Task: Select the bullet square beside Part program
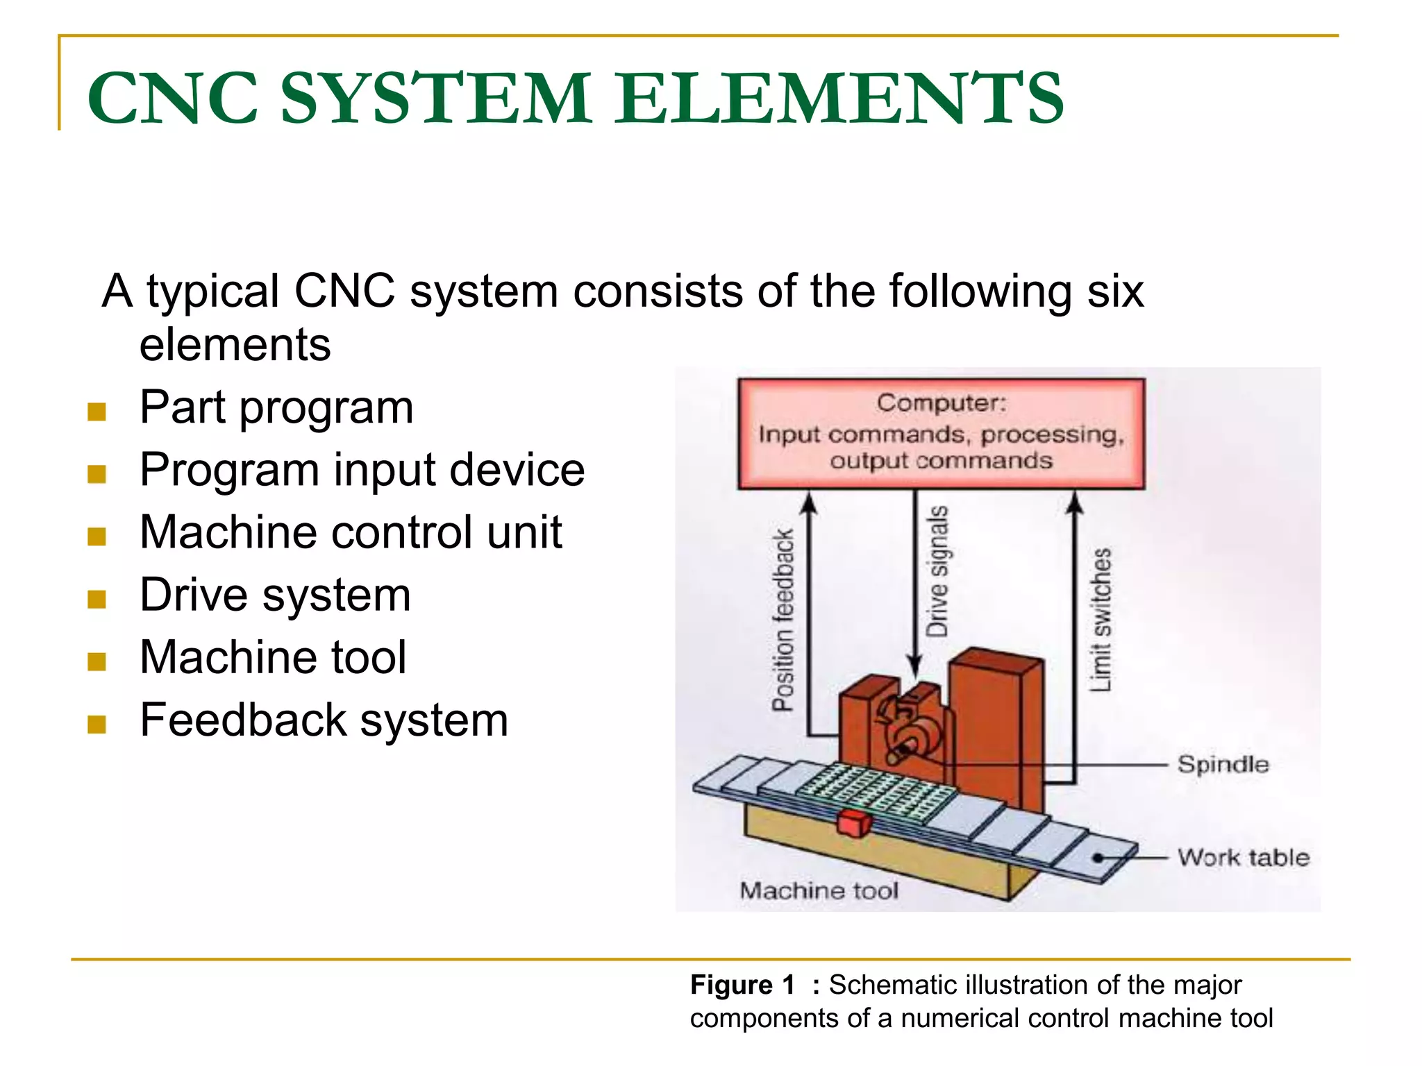pyautogui.click(x=97, y=412)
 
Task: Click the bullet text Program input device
pyautogui.click(x=362, y=470)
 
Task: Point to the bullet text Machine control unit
pyautogui.click(x=351, y=532)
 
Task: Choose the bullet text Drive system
pyautogui.click(x=275, y=595)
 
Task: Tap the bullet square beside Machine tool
pyautogui.click(x=97, y=661)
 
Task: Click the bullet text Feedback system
pyautogui.click(x=324, y=720)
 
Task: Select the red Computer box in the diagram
pyautogui.click(x=941, y=433)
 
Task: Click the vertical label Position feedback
pyautogui.click(x=783, y=620)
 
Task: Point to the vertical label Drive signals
pyautogui.click(x=937, y=570)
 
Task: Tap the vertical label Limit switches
pyautogui.click(x=1101, y=620)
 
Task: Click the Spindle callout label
pyautogui.click(x=1223, y=764)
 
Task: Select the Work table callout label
pyautogui.click(x=1243, y=857)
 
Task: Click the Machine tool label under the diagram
pyautogui.click(x=819, y=890)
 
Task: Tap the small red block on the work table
pyautogui.click(x=853, y=823)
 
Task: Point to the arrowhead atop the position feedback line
pyautogui.click(x=808, y=501)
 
